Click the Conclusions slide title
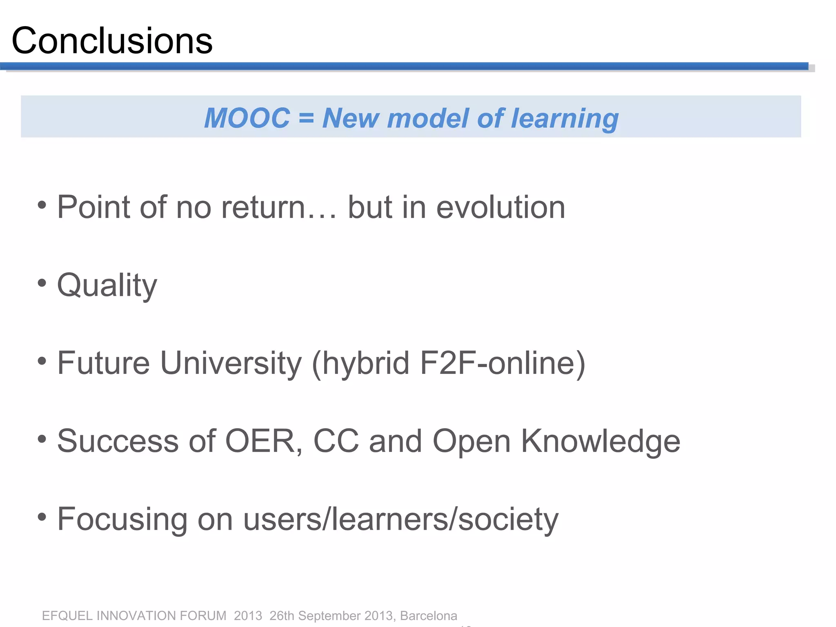click(x=112, y=41)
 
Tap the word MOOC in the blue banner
click(x=247, y=118)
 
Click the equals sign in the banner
click(x=306, y=118)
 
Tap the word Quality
click(x=107, y=286)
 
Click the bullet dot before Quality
click(x=42, y=282)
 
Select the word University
click(x=231, y=363)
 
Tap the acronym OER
click(x=260, y=441)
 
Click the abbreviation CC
click(x=336, y=441)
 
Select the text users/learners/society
click(x=400, y=520)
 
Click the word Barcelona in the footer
click(x=429, y=616)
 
